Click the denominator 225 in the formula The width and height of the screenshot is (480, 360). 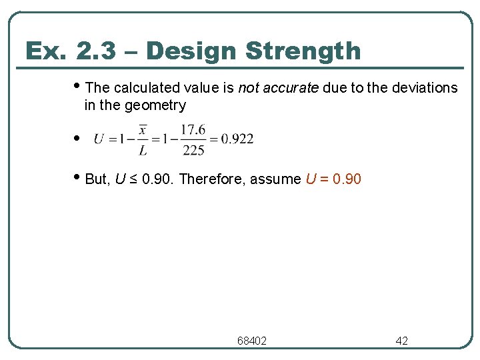[193, 150]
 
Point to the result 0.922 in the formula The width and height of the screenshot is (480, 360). [237, 139]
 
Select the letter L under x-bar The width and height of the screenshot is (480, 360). [143, 151]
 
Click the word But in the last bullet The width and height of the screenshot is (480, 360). [97, 179]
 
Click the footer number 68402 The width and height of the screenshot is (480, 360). [252, 341]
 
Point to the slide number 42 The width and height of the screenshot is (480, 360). [402, 341]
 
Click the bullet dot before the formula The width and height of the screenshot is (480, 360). [77, 139]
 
